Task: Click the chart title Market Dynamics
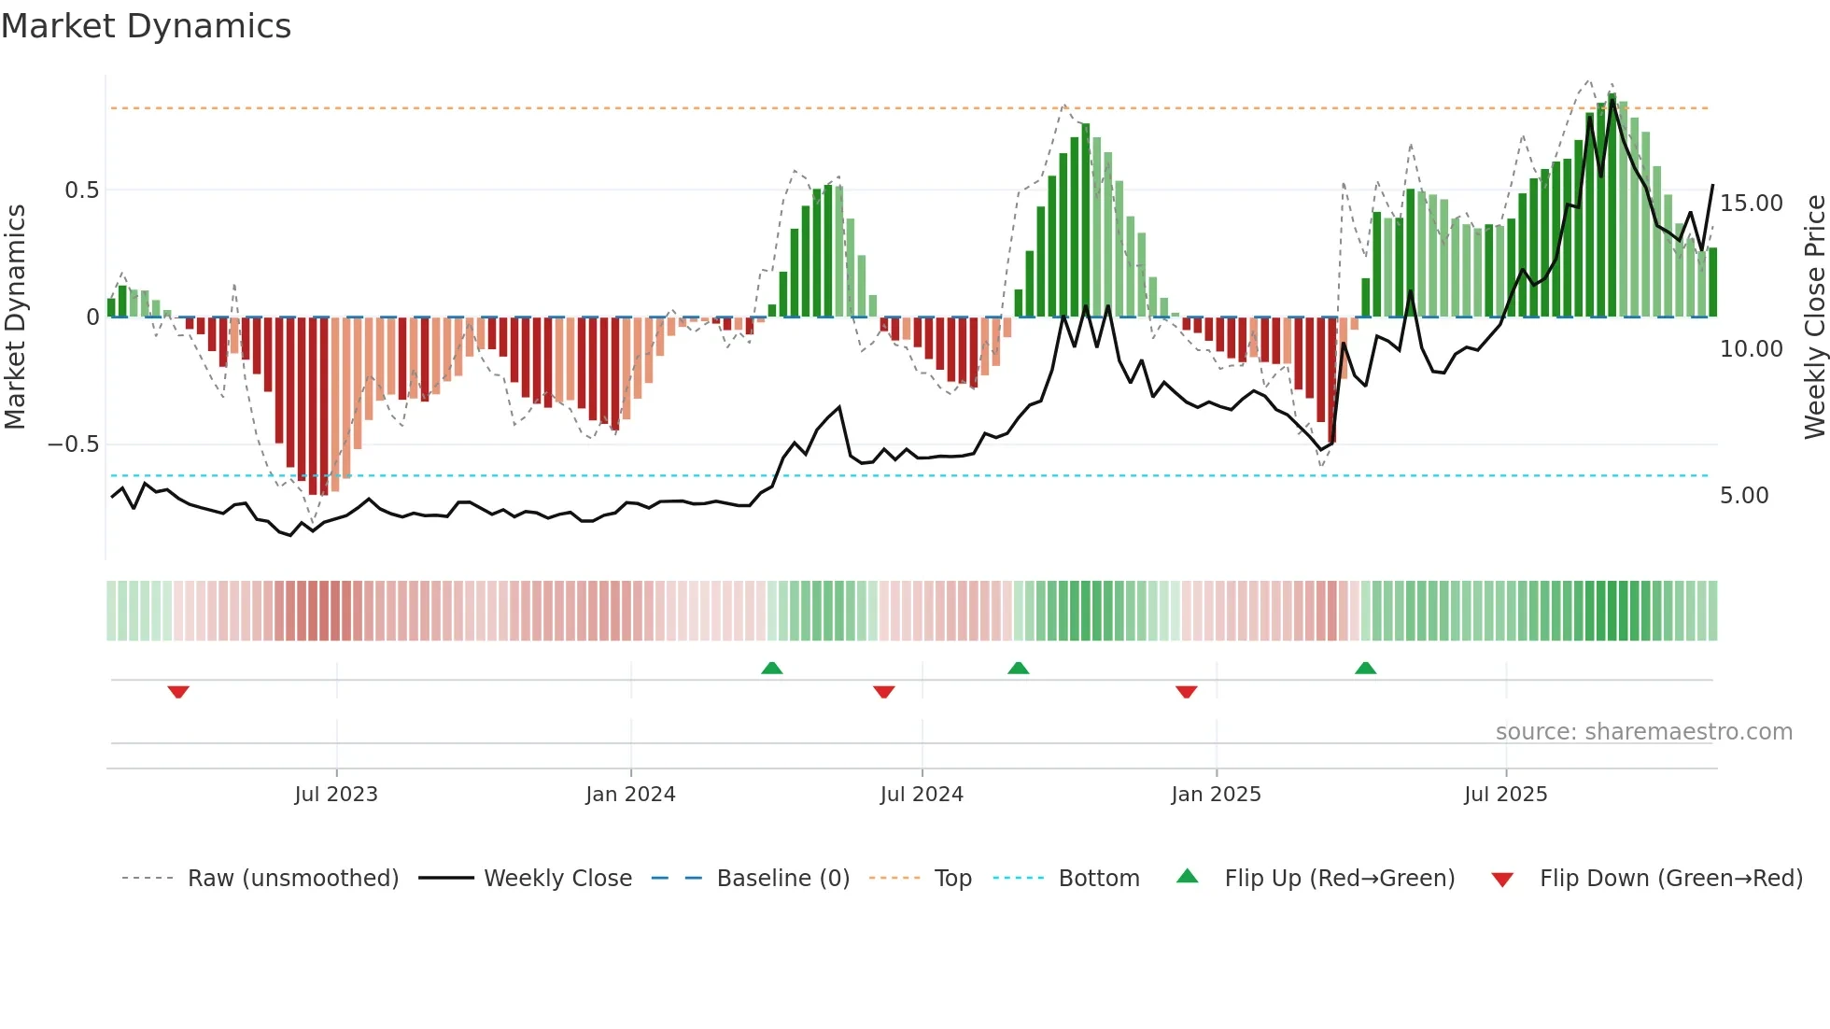146,26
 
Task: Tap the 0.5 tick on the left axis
81,190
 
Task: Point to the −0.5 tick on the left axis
74,444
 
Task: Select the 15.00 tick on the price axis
1751,204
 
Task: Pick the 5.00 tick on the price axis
1744,496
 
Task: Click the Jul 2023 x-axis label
336,795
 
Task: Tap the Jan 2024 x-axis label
630,795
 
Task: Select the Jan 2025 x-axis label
1216,795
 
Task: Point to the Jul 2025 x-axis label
1505,795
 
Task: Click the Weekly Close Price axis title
1814,317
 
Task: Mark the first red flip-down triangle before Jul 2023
178,692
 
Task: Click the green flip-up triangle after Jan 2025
1365,668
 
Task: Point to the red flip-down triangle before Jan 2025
1186,692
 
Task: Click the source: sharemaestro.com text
1643,732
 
